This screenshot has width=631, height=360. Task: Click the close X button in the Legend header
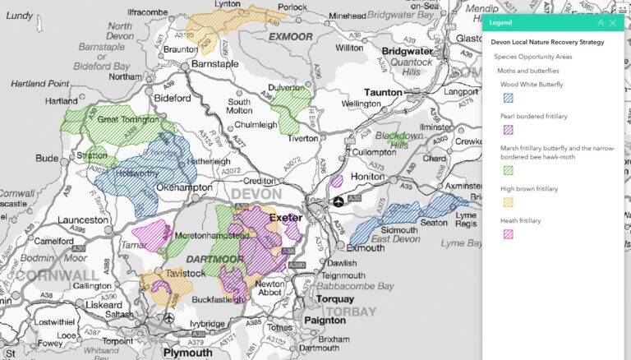(x=612, y=23)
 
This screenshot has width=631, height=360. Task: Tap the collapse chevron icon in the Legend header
(x=600, y=23)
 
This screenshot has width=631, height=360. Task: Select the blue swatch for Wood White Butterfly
(x=508, y=99)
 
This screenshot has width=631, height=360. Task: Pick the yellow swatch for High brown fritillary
(x=508, y=202)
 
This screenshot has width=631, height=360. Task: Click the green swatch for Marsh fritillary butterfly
(x=508, y=170)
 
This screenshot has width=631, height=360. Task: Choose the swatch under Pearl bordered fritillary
(x=508, y=130)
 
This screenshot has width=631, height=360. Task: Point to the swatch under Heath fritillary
(x=508, y=234)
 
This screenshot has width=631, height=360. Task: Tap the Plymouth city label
(x=187, y=352)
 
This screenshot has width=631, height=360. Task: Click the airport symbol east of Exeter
(x=339, y=201)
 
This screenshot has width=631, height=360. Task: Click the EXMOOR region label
(x=290, y=37)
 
